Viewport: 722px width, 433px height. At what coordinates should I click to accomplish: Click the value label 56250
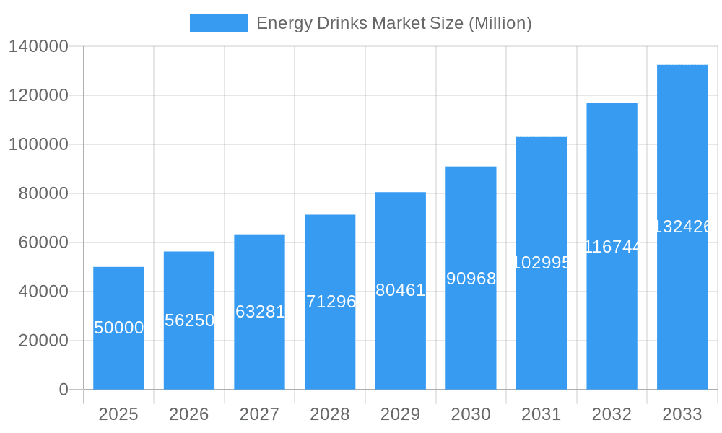tap(189, 320)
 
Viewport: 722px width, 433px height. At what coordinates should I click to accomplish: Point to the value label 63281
tap(260, 312)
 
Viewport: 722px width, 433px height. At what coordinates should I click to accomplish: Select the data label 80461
tap(401, 290)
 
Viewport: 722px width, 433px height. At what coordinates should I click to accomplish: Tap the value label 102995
tap(541, 263)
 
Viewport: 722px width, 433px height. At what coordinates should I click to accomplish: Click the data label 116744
tap(612, 247)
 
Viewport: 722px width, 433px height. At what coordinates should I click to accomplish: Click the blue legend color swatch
tap(218, 23)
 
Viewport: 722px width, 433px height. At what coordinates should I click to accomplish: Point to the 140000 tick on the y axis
tap(38, 47)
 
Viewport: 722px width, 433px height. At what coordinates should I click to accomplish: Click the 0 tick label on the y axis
tap(64, 390)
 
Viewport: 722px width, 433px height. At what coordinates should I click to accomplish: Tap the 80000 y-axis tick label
tap(43, 193)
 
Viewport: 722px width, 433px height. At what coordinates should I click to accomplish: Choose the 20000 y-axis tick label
tap(43, 341)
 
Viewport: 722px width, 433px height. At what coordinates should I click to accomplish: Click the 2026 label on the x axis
tap(189, 414)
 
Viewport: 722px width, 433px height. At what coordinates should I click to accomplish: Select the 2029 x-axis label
tap(401, 414)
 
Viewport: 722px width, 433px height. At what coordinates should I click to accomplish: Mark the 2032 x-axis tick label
tap(612, 414)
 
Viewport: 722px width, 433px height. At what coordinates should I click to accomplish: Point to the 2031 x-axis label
tap(541, 414)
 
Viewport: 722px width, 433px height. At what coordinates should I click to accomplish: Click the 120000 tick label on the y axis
tap(38, 95)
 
